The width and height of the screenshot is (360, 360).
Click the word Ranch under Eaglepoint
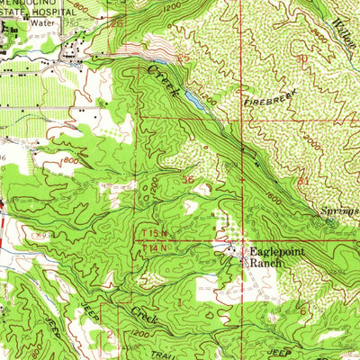coord(265,264)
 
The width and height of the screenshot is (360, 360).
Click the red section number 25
coord(185,58)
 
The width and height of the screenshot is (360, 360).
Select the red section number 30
coord(301,58)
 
